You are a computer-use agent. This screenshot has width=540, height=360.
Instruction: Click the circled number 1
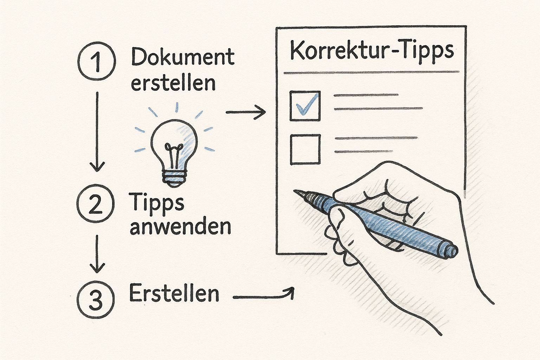click(97, 61)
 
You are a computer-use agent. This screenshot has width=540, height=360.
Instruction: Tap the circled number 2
click(96, 203)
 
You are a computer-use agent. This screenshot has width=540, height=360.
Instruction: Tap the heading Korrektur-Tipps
click(372, 51)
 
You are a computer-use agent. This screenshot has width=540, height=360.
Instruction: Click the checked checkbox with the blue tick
click(305, 106)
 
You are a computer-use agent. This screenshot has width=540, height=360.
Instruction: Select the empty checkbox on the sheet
click(306, 149)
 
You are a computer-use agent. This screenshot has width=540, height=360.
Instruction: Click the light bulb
click(174, 153)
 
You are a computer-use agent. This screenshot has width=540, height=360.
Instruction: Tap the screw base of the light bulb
click(174, 179)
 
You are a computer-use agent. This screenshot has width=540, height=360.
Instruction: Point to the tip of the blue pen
click(295, 191)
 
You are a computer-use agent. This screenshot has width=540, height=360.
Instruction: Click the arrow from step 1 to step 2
click(97, 131)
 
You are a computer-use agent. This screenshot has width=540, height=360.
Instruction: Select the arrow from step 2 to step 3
click(97, 254)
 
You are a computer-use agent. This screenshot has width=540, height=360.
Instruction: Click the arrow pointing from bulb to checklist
click(246, 112)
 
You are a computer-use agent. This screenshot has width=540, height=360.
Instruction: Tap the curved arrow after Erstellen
click(263, 297)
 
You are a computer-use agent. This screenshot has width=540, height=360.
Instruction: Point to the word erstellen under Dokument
click(173, 84)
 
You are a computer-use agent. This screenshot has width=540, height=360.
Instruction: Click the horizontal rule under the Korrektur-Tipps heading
click(372, 72)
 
